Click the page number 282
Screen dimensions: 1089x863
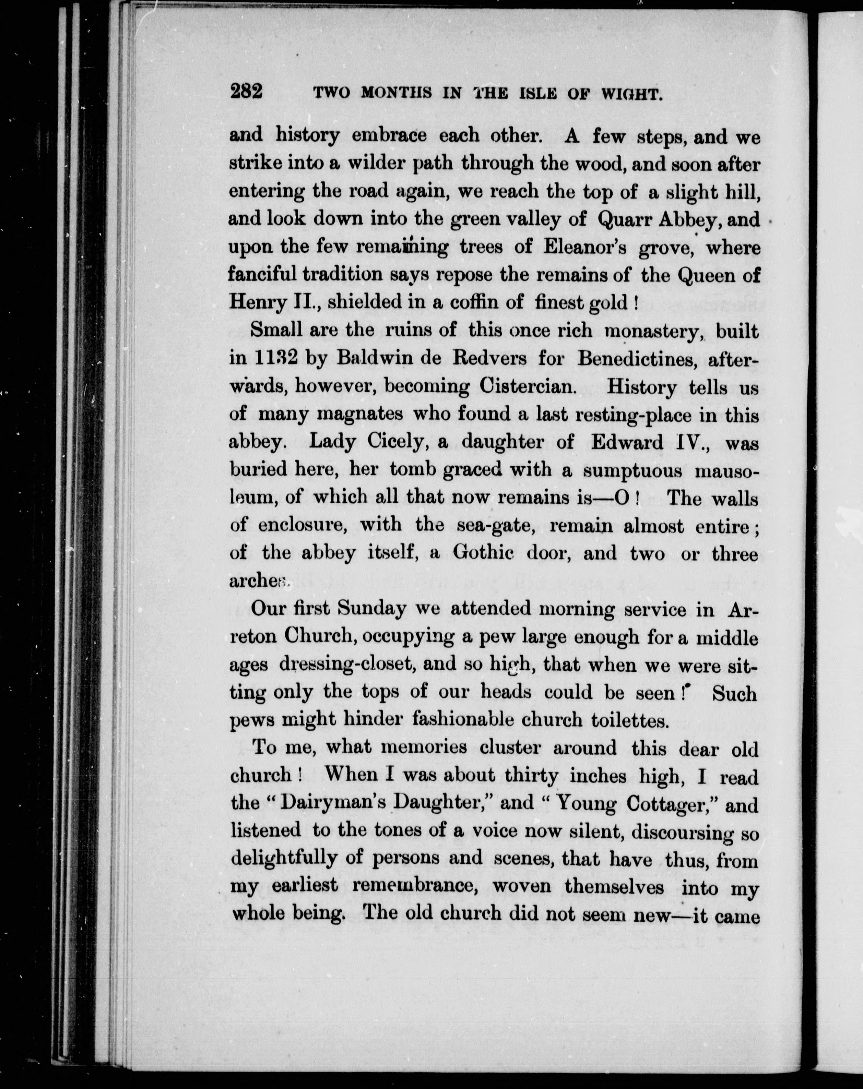246,92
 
